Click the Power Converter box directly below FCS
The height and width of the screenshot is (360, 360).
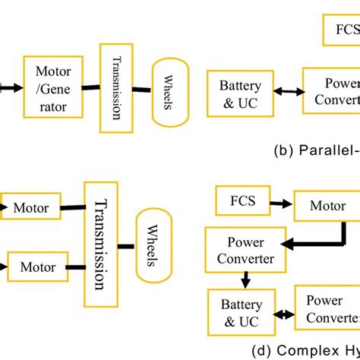point(240,253)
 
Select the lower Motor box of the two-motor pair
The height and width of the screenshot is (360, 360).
point(37,267)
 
